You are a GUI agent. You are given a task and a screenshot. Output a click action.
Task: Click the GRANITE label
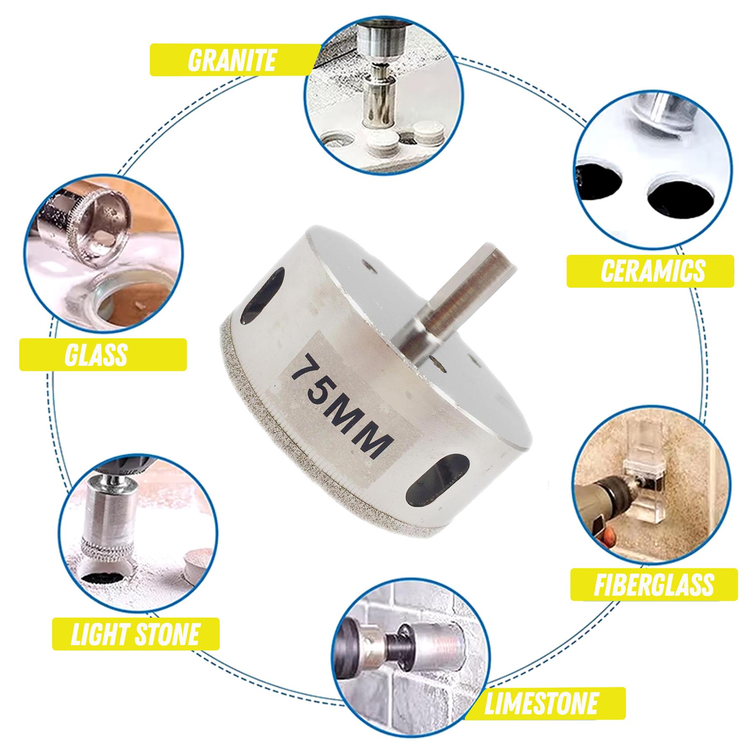tap(232, 60)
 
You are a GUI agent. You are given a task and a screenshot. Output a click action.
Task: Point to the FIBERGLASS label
tap(653, 584)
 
